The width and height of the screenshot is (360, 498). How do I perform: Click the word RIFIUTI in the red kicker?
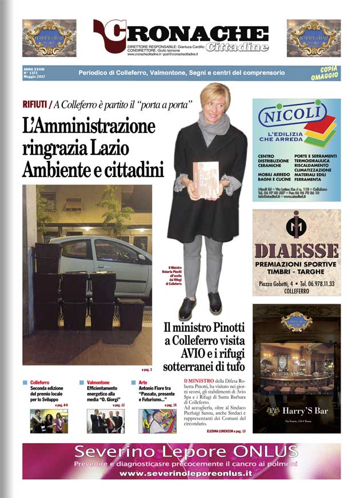pyautogui.click(x=34, y=105)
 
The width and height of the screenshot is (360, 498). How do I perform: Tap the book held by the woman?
pyautogui.click(x=206, y=180)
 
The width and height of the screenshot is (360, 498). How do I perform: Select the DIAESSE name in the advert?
pyautogui.click(x=297, y=251)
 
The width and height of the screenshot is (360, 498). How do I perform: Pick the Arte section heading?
pyautogui.click(x=143, y=382)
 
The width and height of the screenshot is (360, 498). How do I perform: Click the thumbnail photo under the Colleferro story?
pyautogui.click(x=49, y=421)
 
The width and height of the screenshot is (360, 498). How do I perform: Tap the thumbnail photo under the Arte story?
pyautogui.click(x=157, y=421)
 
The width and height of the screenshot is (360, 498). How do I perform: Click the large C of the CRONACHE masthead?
pyautogui.click(x=112, y=36)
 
